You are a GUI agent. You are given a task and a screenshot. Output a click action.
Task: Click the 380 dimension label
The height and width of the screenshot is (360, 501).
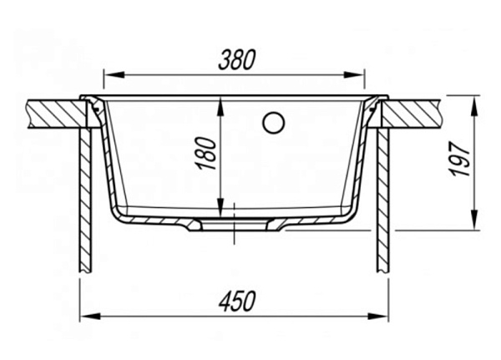click(237, 60)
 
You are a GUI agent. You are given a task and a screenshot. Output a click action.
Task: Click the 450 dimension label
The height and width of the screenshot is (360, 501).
click(237, 302)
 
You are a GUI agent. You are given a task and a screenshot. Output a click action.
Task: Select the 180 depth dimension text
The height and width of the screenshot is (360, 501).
click(205, 154)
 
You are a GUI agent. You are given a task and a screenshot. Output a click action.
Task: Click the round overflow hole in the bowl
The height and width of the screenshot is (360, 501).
click(274, 123)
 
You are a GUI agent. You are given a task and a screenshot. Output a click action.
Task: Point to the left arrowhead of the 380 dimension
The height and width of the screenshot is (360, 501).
click(114, 75)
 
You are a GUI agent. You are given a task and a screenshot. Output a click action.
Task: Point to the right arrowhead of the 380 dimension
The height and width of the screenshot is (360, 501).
click(354, 75)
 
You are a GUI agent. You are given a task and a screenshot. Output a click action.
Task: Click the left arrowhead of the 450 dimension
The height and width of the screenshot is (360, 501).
click(90, 317)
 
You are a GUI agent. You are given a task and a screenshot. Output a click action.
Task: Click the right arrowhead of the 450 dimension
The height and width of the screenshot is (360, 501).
click(378, 317)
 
